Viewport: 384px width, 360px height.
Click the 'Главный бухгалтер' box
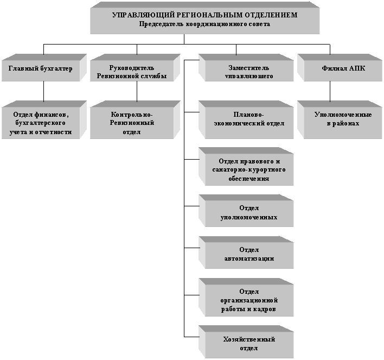[41, 69]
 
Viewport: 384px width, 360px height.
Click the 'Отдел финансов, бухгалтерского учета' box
[41, 123]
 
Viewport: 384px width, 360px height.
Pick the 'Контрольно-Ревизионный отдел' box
[132, 123]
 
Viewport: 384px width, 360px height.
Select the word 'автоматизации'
[248, 258]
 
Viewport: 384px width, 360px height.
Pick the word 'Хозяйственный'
[249, 339]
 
